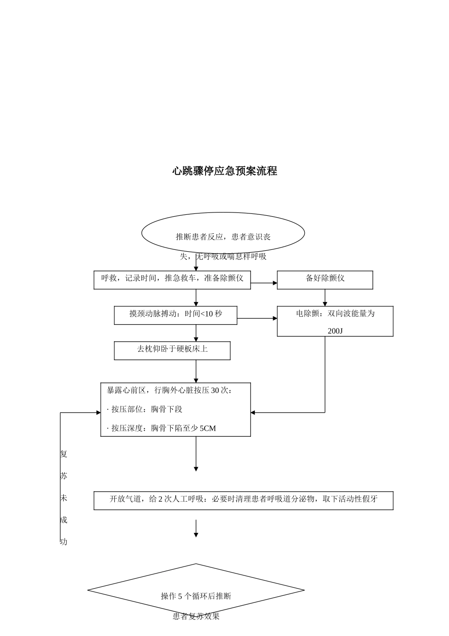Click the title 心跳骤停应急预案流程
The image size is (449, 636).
[x=224, y=171]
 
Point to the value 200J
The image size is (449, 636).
[x=335, y=331]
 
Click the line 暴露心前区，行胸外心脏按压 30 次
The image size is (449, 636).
[x=170, y=390]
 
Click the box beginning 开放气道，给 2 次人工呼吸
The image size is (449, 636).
[x=243, y=500]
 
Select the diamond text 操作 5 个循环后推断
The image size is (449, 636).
[x=196, y=596]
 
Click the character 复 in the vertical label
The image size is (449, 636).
[x=64, y=454]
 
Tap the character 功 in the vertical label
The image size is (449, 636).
[x=64, y=542]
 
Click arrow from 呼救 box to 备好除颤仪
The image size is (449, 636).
[x=264, y=283]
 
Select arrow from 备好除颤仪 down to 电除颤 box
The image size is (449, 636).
[x=325, y=298]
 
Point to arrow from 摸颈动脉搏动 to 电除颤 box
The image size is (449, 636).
[x=257, y=318]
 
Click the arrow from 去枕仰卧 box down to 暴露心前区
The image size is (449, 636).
[x=196, y=371]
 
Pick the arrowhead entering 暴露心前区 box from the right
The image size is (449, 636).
[x=253, y=413]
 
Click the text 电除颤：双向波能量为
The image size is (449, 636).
[x=335, y=314]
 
